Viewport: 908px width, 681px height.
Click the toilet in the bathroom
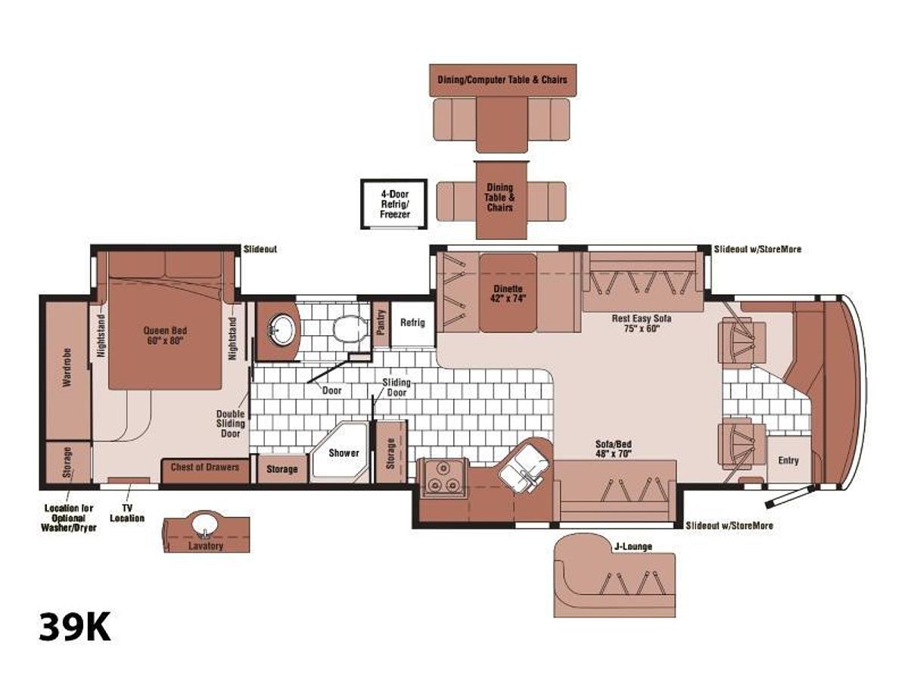[x=351, y=328]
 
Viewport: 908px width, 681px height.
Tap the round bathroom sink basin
[x=282, y=330]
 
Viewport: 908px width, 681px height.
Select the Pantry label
[x=381, y=322]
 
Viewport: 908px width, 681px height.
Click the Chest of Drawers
[x=205, y=470]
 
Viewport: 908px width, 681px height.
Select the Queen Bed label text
[x=165, y=335]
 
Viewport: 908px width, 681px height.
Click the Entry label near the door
[x=788, y=460]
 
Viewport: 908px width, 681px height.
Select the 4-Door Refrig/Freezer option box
[x=393, y=204]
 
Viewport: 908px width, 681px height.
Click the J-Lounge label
[x=633, y=546]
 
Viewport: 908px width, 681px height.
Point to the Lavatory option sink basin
[x=205, y=524]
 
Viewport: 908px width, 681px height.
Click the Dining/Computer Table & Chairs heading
[x=502, y=79]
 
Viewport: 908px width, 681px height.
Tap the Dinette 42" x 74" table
[x=508, y=293]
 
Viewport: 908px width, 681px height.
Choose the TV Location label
[x=127, y=513]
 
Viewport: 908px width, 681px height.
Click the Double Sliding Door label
[x=231, y=424]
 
